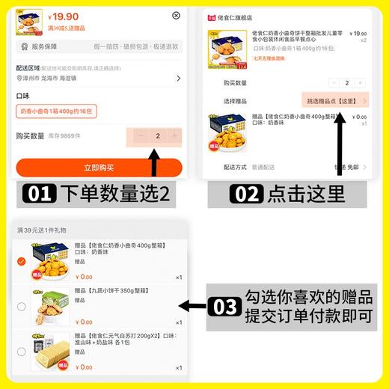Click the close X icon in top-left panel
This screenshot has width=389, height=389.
coord(177,15)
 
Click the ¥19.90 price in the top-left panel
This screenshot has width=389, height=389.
coord(63,16)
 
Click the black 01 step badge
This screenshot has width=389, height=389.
coord(38,194)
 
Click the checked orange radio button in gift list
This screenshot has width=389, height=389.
coord(21,261)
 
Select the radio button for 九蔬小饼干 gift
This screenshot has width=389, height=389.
coord(21,306)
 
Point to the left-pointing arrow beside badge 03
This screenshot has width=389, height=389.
coord(192,305)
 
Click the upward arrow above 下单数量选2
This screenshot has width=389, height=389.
coord(153,164)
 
